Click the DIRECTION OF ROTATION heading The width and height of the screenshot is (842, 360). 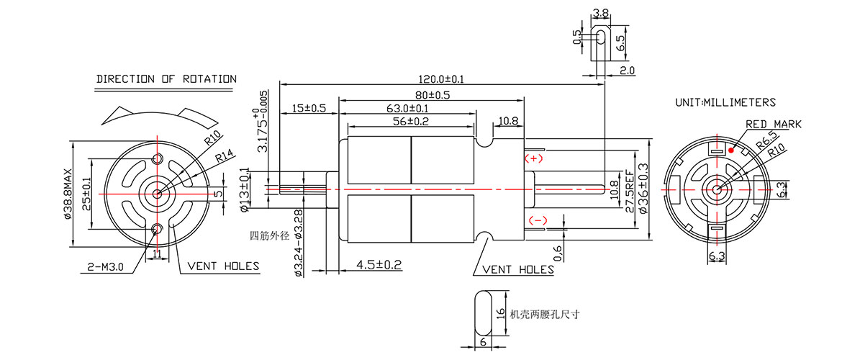pyautogui.click(x=166, y=79)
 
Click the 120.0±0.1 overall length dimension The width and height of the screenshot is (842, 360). pyautogui.click(x=440, y=78)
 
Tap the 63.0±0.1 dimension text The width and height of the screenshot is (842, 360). pyautogui.click(x=408, y=109)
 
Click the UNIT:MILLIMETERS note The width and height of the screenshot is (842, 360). pyautogui.click(x=725, y=103)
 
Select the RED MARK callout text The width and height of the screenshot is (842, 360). pyautogui.click(x=773, y=125)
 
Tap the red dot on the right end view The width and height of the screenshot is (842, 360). pyautogui.click(x=730, y=151)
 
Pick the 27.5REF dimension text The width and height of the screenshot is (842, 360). pyautogui.click(x=629, y=192)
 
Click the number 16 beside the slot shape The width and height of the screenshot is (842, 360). pyautogui.click(x=499, y=315)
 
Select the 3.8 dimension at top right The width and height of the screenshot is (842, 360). pyautogui.click(x=601, y=13)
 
